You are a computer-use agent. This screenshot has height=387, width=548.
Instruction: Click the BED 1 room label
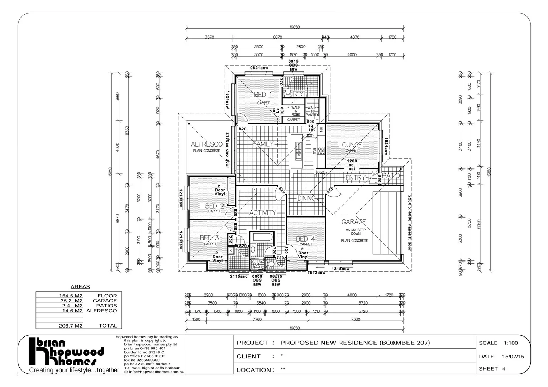pos(263,95)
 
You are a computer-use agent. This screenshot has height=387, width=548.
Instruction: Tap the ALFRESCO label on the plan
pos(206,144)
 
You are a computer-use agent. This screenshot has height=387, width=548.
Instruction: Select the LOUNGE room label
pos(350,145)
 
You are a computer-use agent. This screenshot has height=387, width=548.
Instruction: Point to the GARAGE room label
pos(353,222)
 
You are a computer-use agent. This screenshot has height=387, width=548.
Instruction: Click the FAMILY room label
pos(263,144)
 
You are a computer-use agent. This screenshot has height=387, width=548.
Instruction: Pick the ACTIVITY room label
pos(263,212)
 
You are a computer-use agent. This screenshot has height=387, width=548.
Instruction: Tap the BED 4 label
pos(305,239)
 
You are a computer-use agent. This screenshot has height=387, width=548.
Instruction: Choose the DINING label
pos(306,198)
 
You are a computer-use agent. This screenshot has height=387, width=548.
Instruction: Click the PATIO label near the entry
pos(390,176)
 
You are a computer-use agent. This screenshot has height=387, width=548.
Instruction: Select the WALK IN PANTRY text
pos(312,111)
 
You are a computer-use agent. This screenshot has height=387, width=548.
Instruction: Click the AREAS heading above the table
pos(80,287)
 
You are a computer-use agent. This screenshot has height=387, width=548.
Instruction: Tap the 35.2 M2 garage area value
pos(71,301)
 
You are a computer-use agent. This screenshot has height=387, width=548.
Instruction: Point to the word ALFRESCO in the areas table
pos(101,311)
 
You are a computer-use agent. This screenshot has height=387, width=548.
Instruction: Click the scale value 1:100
pos(511,343)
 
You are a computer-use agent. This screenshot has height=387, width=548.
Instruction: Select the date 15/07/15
pos(513,357)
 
